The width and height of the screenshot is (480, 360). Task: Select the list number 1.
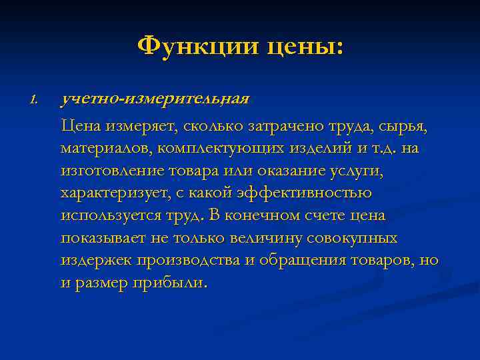(35, 100)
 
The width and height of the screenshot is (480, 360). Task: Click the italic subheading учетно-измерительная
(155, 99)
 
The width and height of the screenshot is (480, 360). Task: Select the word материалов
(99, 147)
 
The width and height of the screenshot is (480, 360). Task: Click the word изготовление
(109, 171)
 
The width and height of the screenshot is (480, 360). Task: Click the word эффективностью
(295, 193)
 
